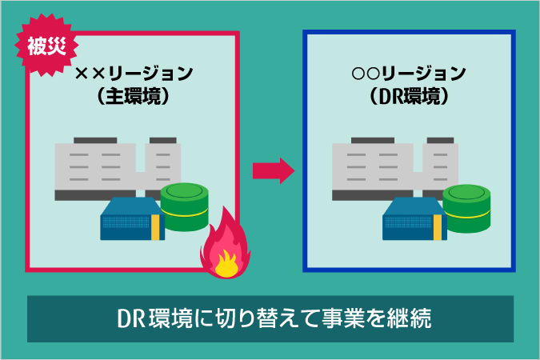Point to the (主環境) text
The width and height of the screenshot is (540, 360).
[134, 96]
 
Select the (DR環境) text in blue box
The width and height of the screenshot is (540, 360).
[409, 96]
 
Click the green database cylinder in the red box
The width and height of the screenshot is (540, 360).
[185, 206]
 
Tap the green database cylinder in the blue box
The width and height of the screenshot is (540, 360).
[466, 206]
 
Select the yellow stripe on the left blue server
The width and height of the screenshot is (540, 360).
[158, 222]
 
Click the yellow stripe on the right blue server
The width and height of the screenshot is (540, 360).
[439, 222]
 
